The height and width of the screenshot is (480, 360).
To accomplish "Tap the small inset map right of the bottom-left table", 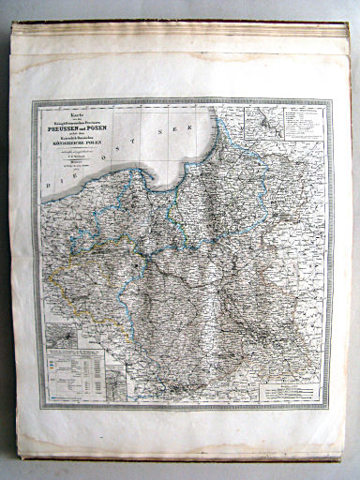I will click(x=117, y=384).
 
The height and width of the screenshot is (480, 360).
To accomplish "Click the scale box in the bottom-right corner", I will click(x=290, y=394).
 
